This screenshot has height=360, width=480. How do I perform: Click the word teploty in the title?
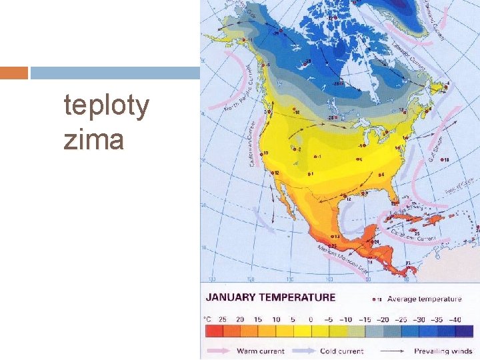pos(107,106)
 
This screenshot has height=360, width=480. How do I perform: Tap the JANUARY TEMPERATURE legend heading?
pos(271,297)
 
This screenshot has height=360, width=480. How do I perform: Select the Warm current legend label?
pos(260,351)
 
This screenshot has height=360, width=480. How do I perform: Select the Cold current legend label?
pos(341,351)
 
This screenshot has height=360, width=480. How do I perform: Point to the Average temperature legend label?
pos(424,299)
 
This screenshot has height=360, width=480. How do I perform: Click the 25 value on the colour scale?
pos(222,319)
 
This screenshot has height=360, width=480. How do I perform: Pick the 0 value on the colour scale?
pos(311,319)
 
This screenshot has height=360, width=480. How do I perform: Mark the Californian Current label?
pos(254,144)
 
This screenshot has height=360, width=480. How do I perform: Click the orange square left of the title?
pos(14,73)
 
